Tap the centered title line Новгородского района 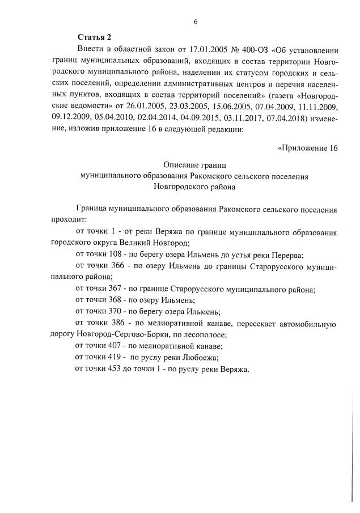(x=195, y=186)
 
